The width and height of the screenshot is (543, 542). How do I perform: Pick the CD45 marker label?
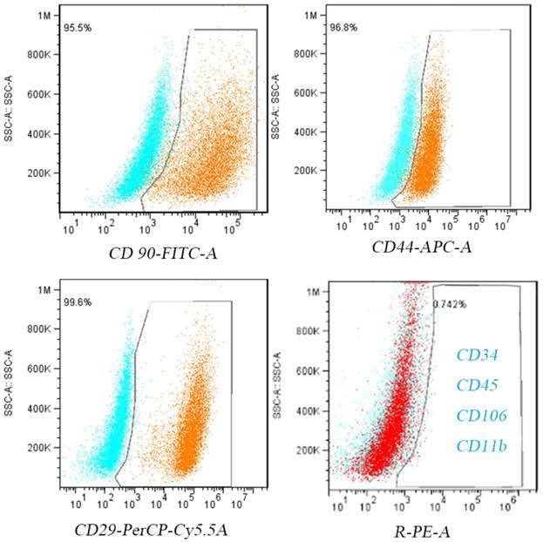pos(479,384)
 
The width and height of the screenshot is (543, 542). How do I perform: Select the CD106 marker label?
pos(482,416)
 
